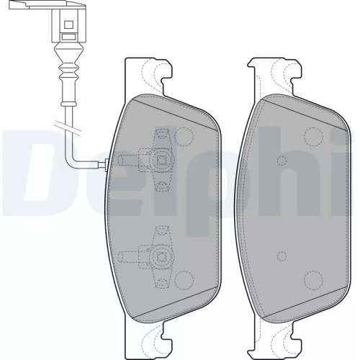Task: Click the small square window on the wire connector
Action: click(69, 24)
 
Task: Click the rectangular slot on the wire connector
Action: click(69, 37)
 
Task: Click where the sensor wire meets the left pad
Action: click(106, 165)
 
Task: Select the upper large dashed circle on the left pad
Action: click(184, 137)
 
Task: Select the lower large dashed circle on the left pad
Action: click(184, 280)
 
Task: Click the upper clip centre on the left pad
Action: click(161, 159)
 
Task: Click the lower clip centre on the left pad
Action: click(161, 256)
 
